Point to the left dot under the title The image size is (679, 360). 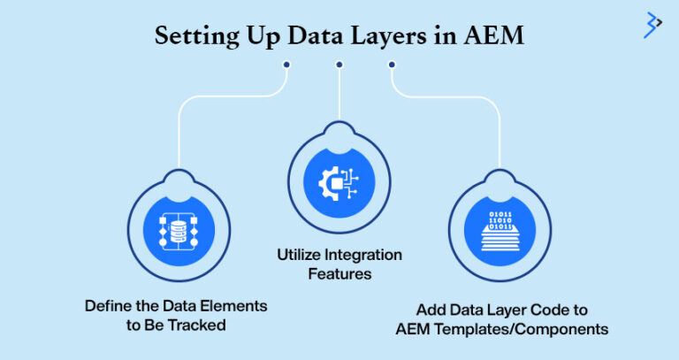(x=286, y=65)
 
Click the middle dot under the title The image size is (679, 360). (x=339, y=65)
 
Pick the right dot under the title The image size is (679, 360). (x=392, y=65)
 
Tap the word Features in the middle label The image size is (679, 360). (x=339, y=275)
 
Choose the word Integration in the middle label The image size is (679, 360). (x=362, y=256)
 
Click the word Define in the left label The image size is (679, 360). (x=107, y=306)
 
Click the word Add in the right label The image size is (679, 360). (x=431, y=310)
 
